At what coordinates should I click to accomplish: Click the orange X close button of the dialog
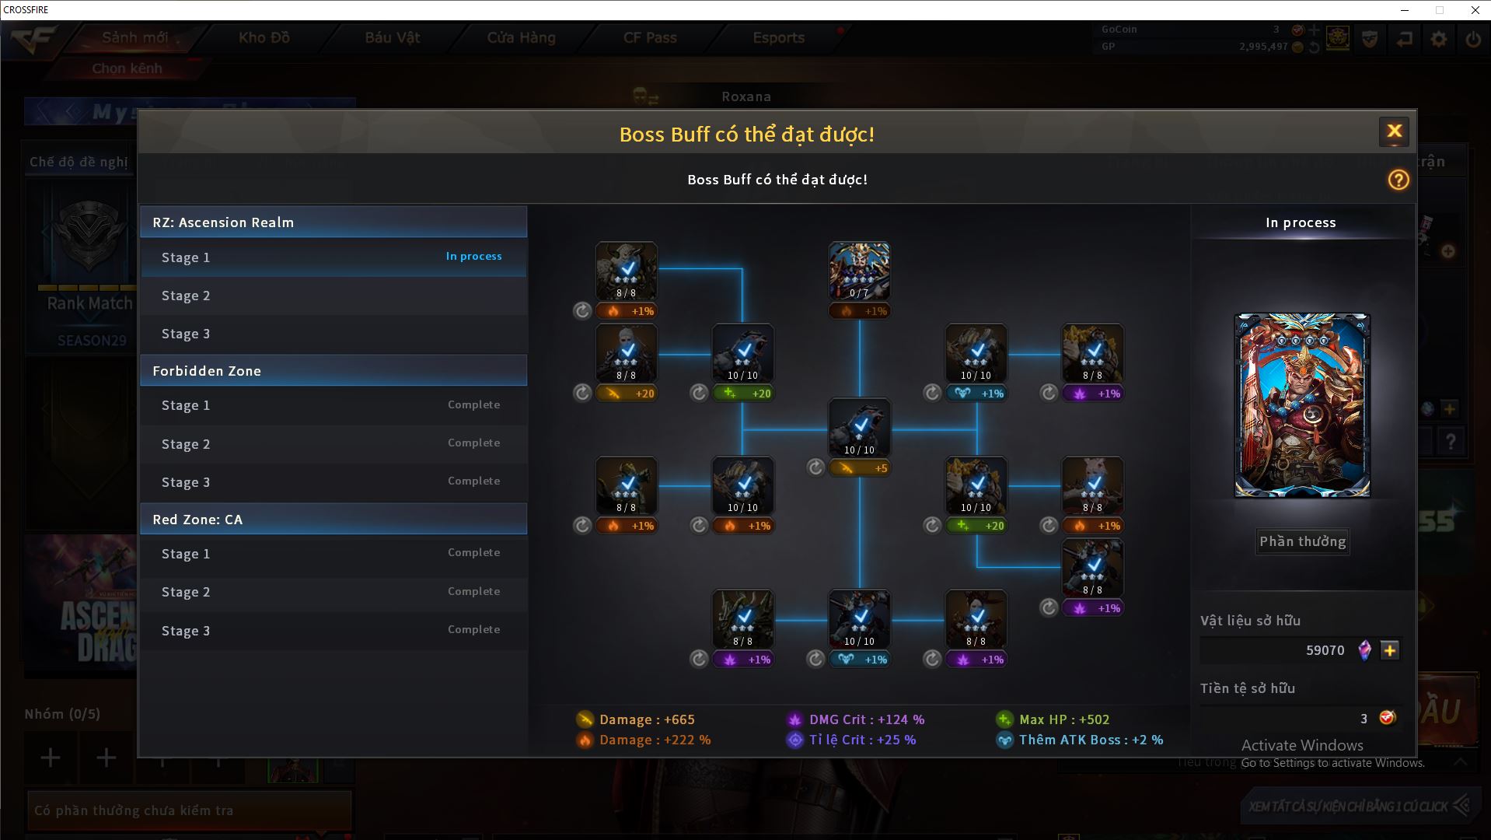(x=1394, y=131)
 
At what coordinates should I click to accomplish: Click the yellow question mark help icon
(x=1398, y=180)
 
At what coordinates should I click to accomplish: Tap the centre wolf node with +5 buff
(x=859, y=428)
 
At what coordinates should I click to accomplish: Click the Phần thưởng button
(x=1302, y=541)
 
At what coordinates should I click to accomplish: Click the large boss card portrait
(x=1302, y=405)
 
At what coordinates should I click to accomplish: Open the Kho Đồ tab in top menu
(x=264, y=37)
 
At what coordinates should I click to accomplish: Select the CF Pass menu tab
(x=650, y=37)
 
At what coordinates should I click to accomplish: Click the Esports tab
(x=778, y=37)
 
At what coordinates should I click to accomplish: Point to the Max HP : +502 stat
(x=1063, y=719)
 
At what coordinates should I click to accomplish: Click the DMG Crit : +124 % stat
(x=866, y=719)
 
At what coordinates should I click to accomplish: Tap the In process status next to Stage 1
(x=473, y=256)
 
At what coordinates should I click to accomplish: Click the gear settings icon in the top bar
(x=1438, y=39)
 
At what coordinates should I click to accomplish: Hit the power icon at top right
(x=1472, y=39)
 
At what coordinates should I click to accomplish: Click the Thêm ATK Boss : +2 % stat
(x=1090, y=740)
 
